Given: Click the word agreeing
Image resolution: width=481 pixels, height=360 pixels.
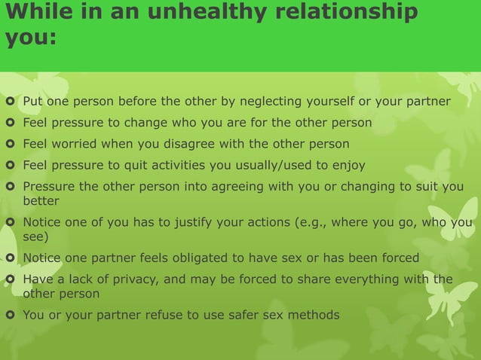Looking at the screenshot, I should click(x=229, y=187).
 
